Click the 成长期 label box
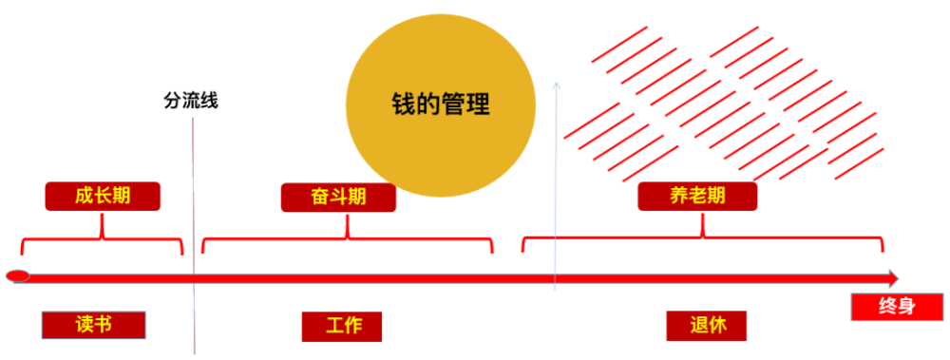[x=103, y=196]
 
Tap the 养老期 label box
[x=697, y=196]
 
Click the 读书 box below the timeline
[x=94, y=324]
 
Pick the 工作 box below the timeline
[x=342, y=325]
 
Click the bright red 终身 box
[x=897, y=306]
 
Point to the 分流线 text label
[x=192, y=99]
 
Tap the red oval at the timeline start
[x=18, y=277]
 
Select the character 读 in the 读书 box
[x=84, y=324]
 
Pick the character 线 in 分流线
[x=210, y=99]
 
